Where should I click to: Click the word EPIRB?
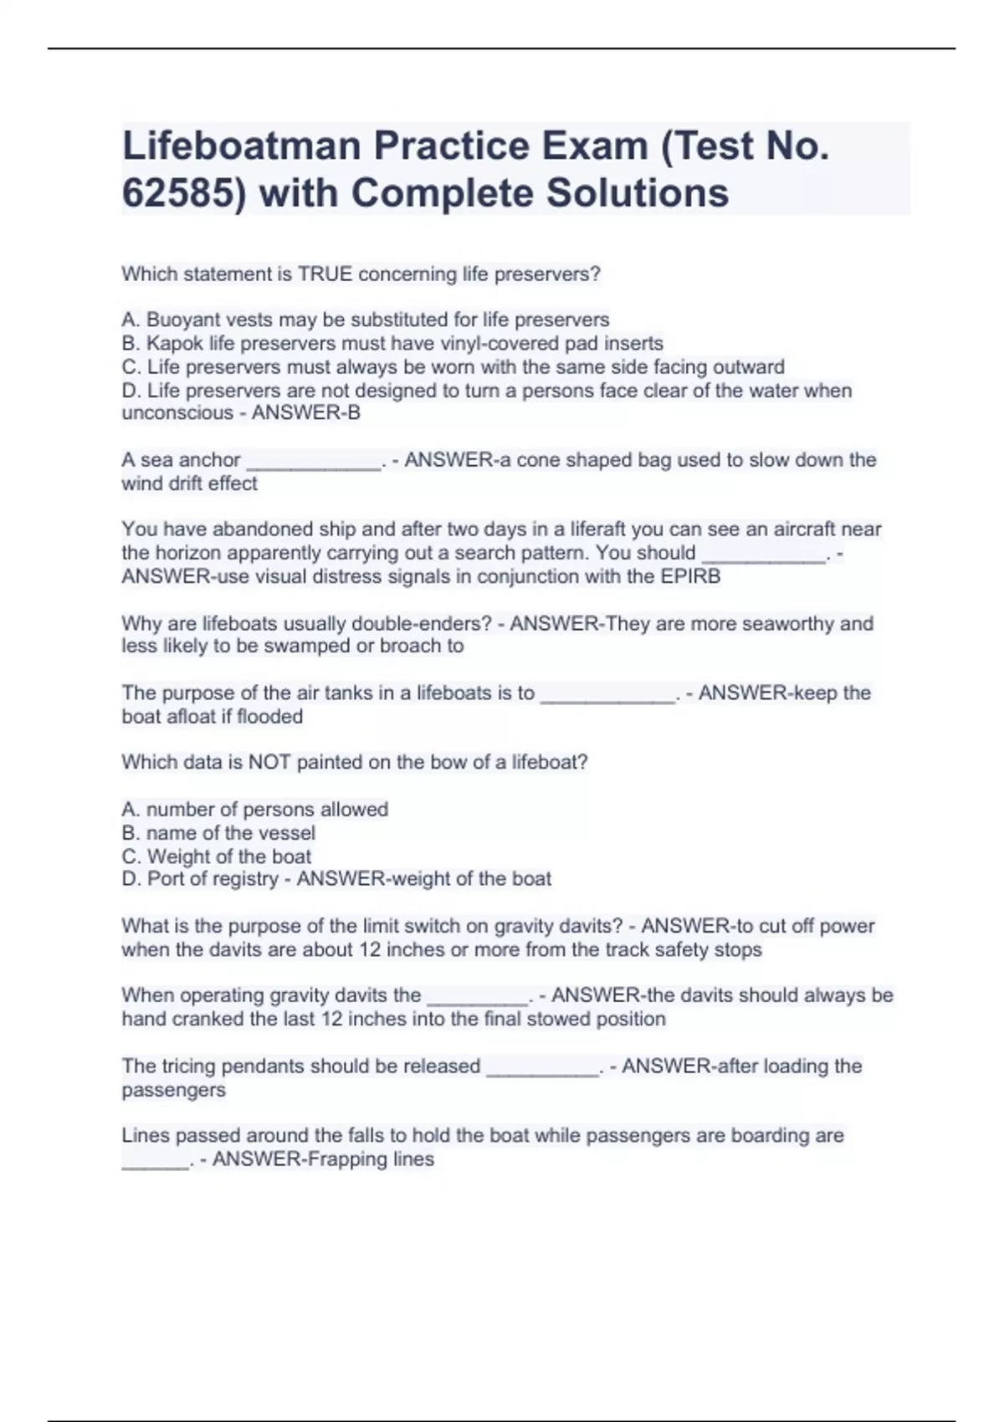click(x=690, y=577)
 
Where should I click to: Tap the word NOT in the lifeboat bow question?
click(x=269, y=763)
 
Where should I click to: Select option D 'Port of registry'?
click(x=201, y=879)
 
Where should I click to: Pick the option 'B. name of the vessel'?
click(x=218, y=833)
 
